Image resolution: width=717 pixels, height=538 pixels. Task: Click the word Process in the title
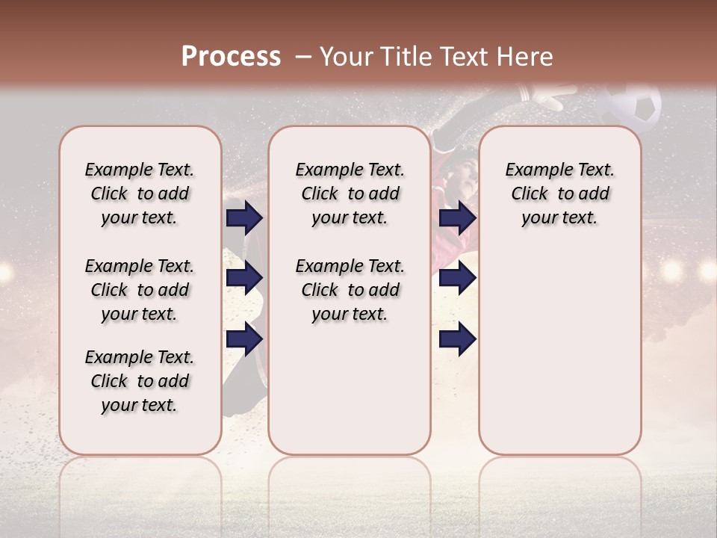point(231,57)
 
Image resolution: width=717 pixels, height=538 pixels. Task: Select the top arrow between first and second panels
point(244,217)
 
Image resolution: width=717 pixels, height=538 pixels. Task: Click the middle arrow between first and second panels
point(244,278)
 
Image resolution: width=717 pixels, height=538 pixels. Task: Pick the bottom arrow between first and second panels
point(244,338)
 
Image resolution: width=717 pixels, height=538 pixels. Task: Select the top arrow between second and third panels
point(457,217)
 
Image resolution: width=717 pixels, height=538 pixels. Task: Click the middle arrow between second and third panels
point(457,278)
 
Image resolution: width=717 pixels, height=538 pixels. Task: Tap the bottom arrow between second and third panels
point(457,338)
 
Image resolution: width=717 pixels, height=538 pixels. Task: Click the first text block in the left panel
point(140,194)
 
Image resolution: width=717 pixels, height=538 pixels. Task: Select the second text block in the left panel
point(140,290)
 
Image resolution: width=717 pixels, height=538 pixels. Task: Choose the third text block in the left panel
point(140,381)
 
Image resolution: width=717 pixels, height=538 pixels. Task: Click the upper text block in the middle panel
point(350,194)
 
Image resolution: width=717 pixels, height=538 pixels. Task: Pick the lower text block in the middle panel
point(350,290)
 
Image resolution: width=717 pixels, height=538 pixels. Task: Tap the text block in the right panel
point(559,194)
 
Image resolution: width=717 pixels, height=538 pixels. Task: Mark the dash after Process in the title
point(302,57)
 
